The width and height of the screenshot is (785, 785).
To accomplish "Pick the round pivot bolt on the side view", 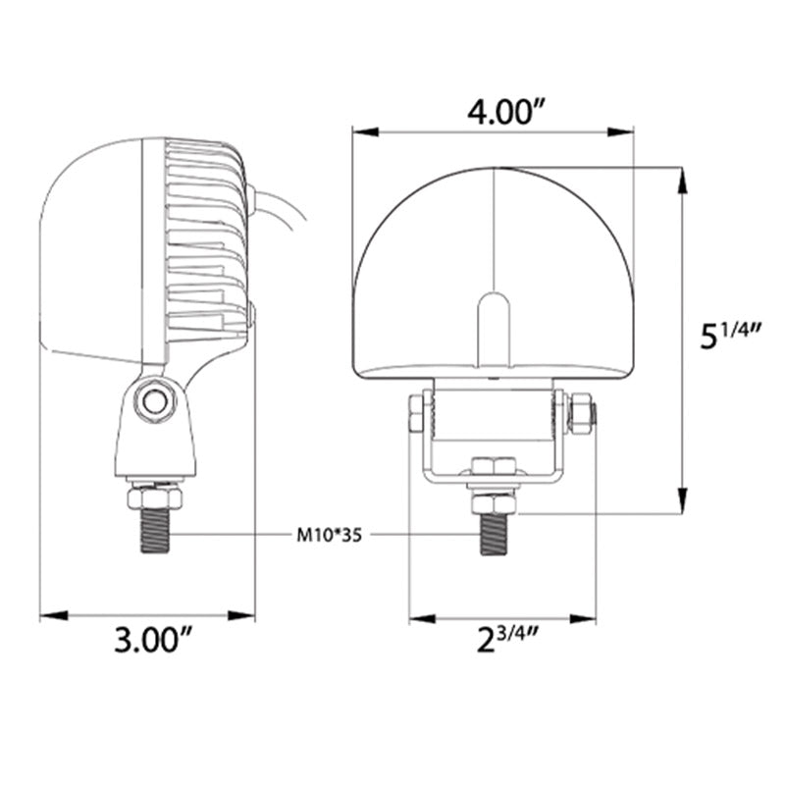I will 152,400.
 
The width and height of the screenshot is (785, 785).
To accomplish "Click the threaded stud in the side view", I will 153,531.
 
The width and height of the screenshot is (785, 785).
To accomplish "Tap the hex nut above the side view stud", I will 154,497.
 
